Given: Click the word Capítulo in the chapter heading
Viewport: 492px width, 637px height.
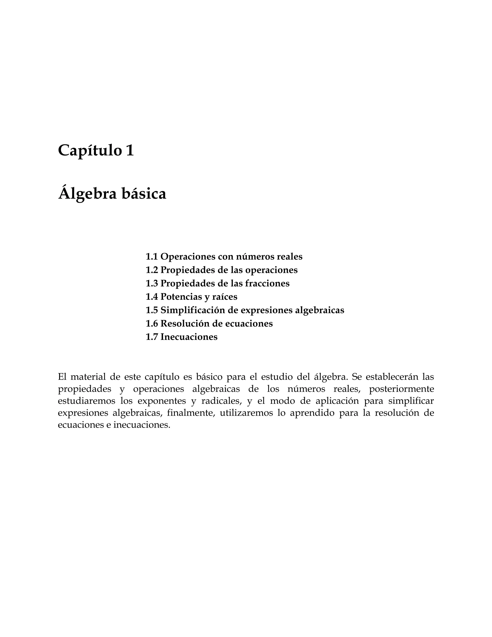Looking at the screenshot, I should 89,151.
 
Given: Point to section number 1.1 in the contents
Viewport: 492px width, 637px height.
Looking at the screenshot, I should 152,257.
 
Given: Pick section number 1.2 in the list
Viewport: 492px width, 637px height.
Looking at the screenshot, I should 152,270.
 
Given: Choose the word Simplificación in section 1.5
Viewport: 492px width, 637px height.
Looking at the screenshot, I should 193,310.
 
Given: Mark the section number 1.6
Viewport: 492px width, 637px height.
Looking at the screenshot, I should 152,324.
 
